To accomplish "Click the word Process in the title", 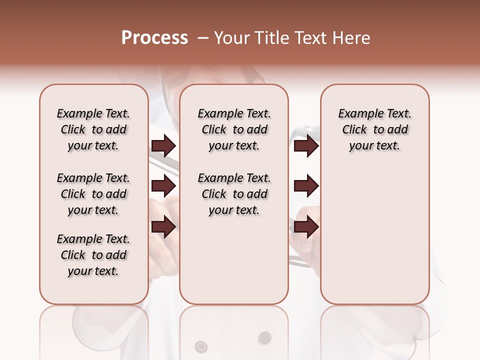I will pyautogui.click(x=154, y=38).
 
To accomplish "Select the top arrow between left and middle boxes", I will pyautogui.click(x=163, y=146).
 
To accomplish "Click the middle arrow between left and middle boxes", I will pyautogui.click(x=163, y=186).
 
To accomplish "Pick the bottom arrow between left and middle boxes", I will pyautogui.click(x=163, y=226).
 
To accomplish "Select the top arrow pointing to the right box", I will pyautogui.click(x=306, y=146).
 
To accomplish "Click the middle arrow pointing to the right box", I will pyautogui.click(x=306, y=186).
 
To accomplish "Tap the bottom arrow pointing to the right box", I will pyautogui.click(x=306, y=226).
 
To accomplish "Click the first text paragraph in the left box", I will pyautogui.click(x=93, y=129).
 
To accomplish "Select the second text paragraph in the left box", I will pyautogui.click(x=93, y=194).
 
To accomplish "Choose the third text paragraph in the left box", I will pyautogui.click(x=93, y=255).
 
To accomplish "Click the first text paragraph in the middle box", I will pyautogui.click(x=234, y=129).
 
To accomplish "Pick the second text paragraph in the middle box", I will pyautogui.click(x=234, y=194).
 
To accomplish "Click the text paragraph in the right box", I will pyautogui.click(x=374, y=129).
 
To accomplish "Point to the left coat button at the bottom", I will pyautogui.click(x=201, y=345).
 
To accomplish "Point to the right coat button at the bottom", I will pyautogui.click(x=263, y=339).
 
